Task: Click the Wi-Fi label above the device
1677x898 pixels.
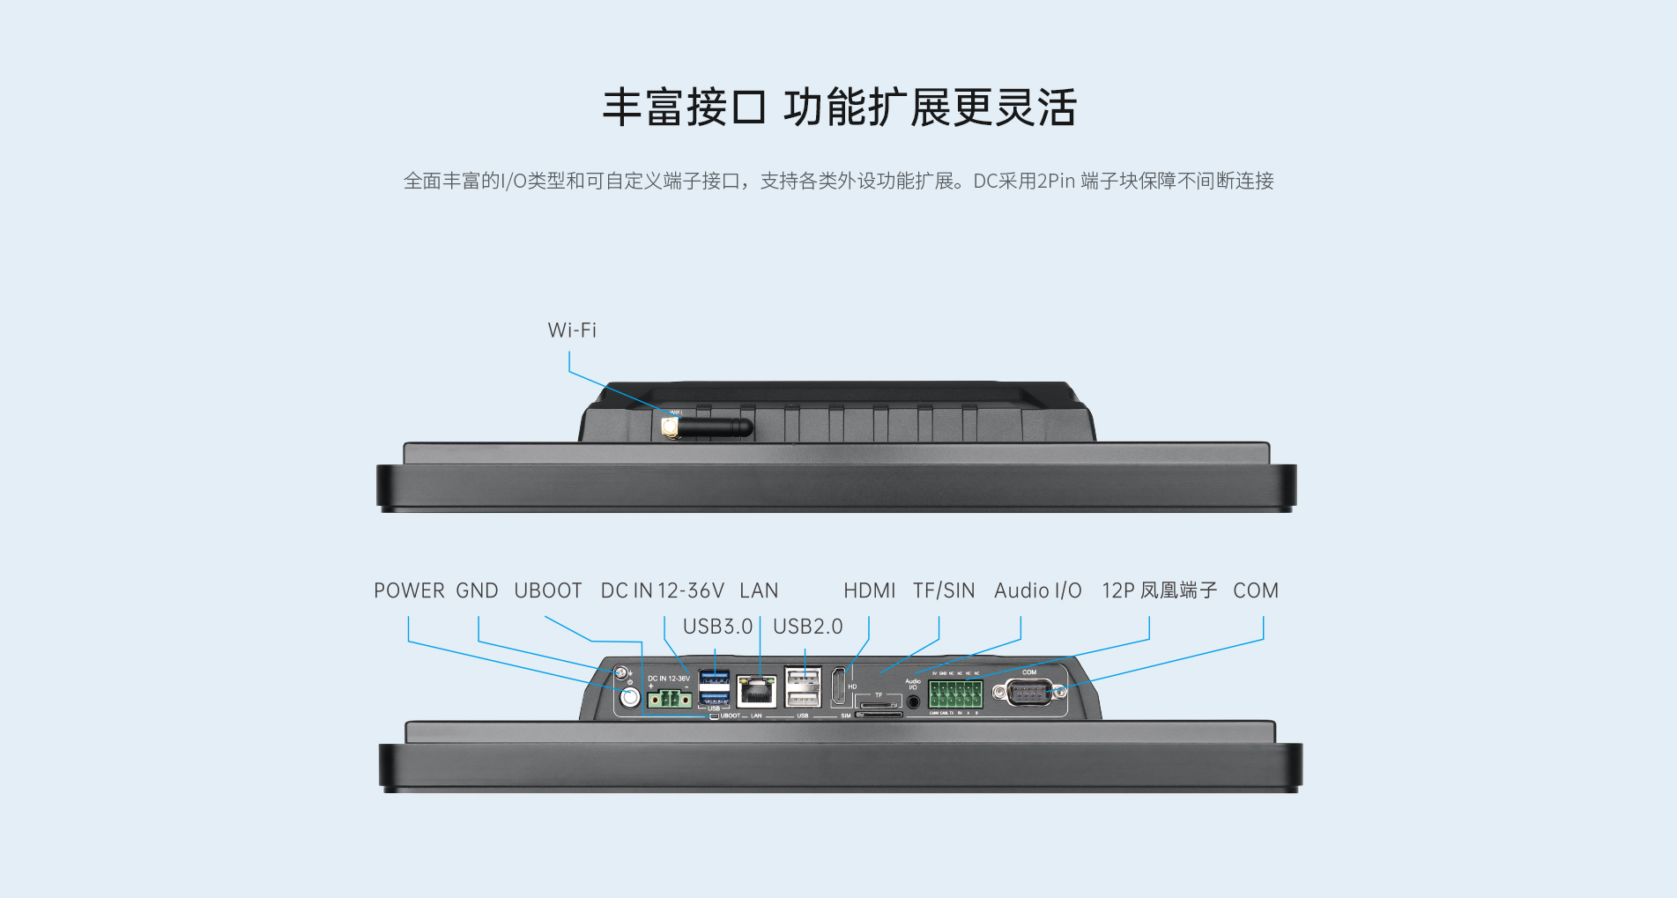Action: (572, 330)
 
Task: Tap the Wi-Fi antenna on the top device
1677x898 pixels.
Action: (709, 427)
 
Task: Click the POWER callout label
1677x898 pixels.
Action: (409, 590)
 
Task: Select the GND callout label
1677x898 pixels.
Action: (477, 590)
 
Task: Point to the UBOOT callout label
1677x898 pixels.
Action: (548, 590)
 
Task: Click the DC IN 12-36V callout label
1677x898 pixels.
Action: (662, 590)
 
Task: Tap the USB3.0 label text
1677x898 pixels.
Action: (717, 627)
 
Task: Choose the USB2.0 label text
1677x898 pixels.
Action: (807, 627)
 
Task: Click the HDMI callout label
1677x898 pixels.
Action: (869, 590)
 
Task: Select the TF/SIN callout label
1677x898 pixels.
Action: (944, 590)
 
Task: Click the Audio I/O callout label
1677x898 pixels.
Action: (1037, 590)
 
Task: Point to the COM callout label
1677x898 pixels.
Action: (1255, 590)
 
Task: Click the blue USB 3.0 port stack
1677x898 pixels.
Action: (714, 687)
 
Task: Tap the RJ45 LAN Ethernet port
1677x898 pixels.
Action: (757, 690)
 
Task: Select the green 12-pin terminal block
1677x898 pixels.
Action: (955, 694)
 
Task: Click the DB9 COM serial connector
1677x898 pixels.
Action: (1029, 693)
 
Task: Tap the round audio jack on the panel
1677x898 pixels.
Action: (914, 702)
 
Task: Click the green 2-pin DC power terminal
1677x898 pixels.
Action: (669, 699)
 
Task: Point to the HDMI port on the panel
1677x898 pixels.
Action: (838, 687)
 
